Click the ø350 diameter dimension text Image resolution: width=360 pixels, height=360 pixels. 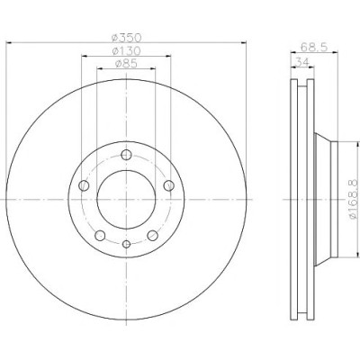(x=126, y=38)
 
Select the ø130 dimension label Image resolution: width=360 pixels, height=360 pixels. (x=126, y=51)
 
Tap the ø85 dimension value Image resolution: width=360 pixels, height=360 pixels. (x=126, y=64)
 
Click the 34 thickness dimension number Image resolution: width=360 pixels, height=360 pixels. (x=302, y=62)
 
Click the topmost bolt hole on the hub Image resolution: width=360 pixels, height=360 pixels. (x=126, y=155)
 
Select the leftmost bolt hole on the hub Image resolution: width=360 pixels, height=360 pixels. (x=84, y=185)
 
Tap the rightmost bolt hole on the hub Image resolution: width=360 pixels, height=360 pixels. (x=169, y=185)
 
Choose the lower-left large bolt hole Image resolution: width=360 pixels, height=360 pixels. (x=100, y=236)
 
